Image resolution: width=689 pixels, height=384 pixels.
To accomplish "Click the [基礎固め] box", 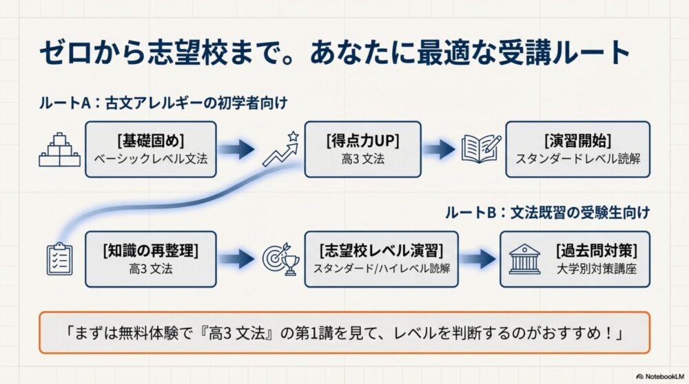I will pyautogui.click(x=150, y=149).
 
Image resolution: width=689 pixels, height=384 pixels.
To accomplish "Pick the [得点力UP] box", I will pyautogui.click(x=362, y=149).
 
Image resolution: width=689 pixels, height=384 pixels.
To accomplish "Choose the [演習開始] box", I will pyautogui.click(x=578, y=149).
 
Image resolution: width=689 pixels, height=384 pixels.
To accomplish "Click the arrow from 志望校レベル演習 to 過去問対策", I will pyautogui.click(x=476, y=258).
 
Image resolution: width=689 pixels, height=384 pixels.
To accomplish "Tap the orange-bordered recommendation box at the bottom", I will pyautogui.click(x=344, y=332).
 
